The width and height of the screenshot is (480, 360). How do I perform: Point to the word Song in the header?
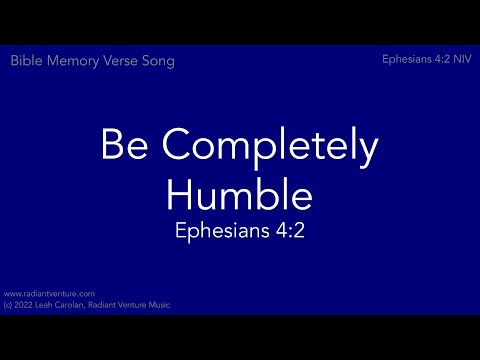click(159, 62)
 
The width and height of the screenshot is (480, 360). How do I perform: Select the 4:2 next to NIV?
click(443, 60)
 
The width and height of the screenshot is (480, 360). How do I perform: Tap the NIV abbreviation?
click(464, 60)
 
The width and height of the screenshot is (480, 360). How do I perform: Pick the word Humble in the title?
click(239, 191)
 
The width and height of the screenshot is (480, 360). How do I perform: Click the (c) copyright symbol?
click(8, 304)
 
